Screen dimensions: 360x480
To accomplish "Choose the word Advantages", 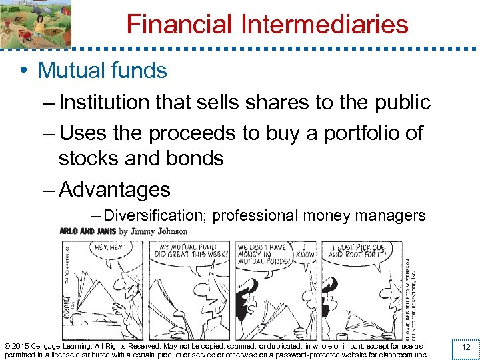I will pos(115,189).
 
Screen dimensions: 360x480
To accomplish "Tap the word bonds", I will pos(197,158).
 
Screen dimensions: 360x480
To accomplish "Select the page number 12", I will pos(466,347).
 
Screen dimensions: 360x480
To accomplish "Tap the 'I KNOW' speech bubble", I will pos(306,251).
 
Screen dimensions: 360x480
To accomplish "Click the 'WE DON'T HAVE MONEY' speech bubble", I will pos(263,253).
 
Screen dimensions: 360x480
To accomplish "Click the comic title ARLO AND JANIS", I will pos(87,231).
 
